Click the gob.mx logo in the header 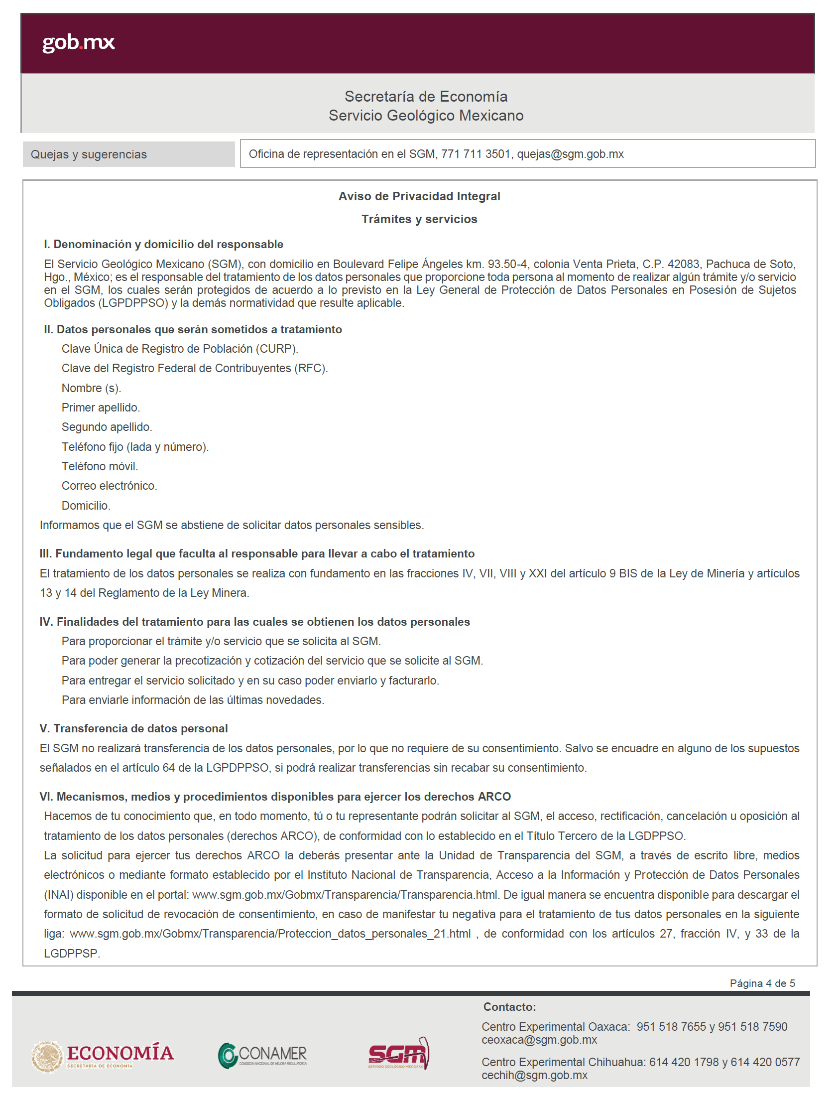(78, 42)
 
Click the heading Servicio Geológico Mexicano (426, 116)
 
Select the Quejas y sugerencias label (89, 154)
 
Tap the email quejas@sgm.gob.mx (570, 154)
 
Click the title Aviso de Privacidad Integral (419, 196)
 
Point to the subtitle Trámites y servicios (419, 219)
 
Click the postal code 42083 (683, 264)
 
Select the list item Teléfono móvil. (100, 466)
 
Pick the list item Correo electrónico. (109, 486)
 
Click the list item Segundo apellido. (107, 427)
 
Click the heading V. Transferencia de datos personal (133, 728)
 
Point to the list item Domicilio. (86, 506)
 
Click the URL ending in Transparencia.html (345, 895)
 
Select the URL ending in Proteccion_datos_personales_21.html (270, 934)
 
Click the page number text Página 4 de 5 (762, 983)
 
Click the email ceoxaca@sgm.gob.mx (539, 1040)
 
